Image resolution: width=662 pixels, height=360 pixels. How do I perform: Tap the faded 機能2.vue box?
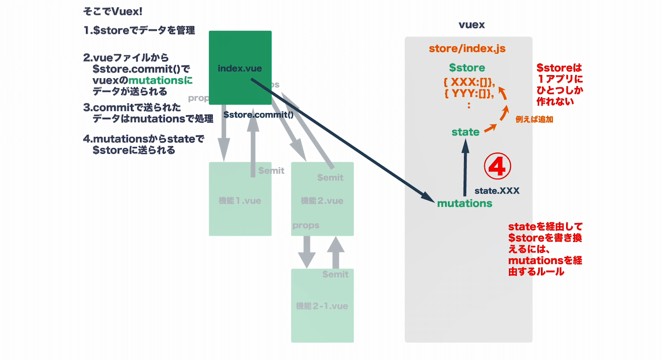(322, 211)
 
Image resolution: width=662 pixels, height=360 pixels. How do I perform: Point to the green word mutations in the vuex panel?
(465, 203)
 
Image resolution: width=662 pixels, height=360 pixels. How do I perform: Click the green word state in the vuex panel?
(465, 132)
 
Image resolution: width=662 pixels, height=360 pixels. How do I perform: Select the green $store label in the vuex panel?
(467, 68)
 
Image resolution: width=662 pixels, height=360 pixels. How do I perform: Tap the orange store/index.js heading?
(467, 49)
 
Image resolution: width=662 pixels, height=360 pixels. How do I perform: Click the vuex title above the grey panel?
(471, 25)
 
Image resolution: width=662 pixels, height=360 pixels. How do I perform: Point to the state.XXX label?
(497, 191)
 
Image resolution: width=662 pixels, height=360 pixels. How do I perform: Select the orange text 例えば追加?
(534, 120)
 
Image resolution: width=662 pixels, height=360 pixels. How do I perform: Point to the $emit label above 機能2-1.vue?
(335, 274)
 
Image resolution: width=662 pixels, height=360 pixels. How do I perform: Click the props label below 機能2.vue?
(306, 225)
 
